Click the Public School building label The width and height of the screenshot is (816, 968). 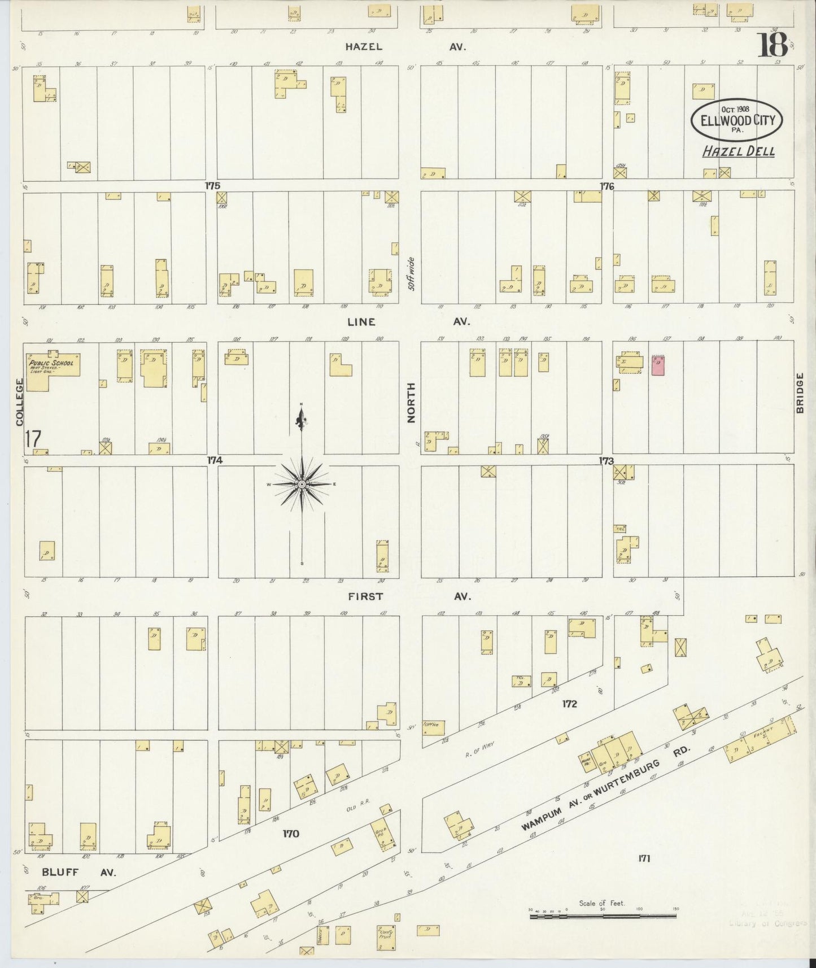point(51,363)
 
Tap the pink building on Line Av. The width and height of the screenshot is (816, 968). point(658,365)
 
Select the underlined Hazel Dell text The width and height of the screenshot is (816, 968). point(738,151)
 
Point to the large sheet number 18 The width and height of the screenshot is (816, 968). point(773,45)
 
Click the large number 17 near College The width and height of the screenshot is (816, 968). point(33,438)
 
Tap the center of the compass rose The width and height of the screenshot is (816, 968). point(302,485)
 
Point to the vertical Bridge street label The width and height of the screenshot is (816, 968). point(800,393)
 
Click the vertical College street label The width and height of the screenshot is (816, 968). point(19,402)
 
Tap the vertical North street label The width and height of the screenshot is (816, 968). point(411,402)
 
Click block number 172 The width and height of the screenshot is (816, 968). point(569,704)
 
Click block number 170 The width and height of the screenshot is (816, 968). point(291,834)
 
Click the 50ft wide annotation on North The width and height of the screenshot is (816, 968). point(412,274)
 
